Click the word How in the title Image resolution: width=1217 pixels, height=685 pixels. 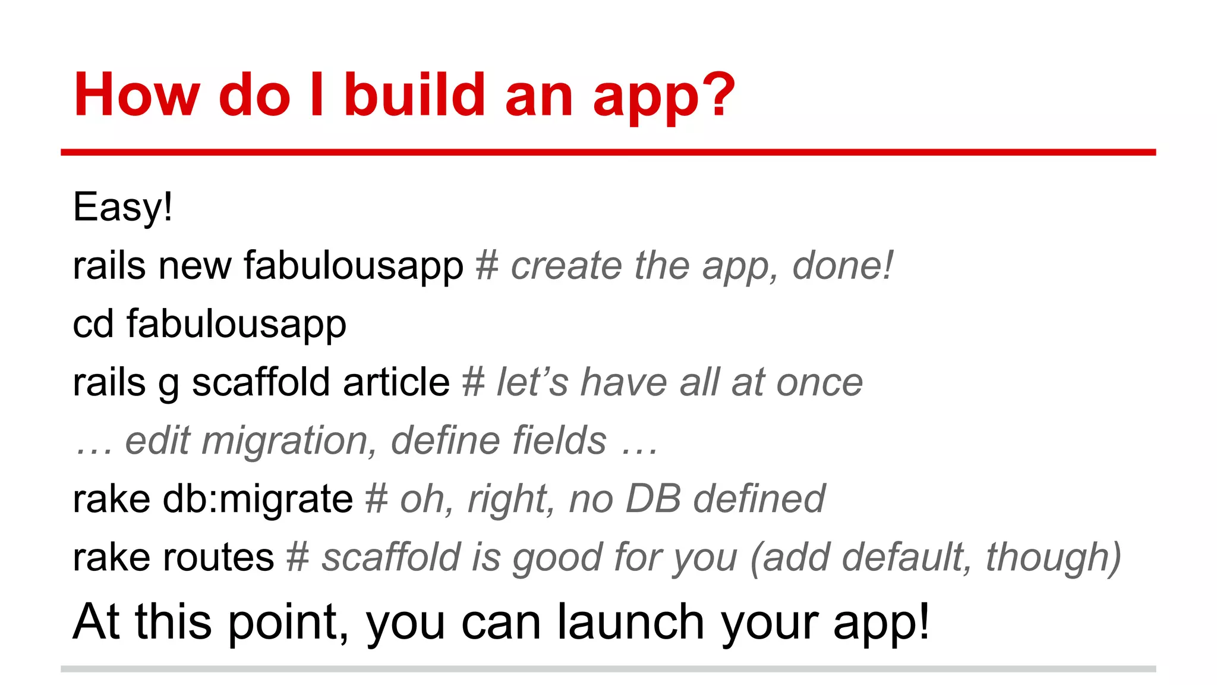pyautogui.click(x=137, y=95)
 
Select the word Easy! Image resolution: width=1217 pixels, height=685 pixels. pyautogui.click(x=122, y=208)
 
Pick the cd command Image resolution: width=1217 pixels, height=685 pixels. pyautogui.click(x=93, y=324)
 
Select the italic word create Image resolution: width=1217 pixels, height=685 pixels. pyautogui.click(x=565, y=265)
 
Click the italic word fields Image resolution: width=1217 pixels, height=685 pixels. pyautogui.click(x=559, y=440)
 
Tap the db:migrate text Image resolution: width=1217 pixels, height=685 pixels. pyautogui.click(x=257, y=499)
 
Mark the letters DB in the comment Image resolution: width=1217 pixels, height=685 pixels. pyautogui.click(x=652, y=499)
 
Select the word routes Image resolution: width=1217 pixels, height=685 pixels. pyautogui.click(x=217, y=558)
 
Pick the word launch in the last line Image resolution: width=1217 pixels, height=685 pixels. pyautogui.click(x=630, y=622)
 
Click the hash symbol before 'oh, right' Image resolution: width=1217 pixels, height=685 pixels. pyautogui.click(x=376, y=499)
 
